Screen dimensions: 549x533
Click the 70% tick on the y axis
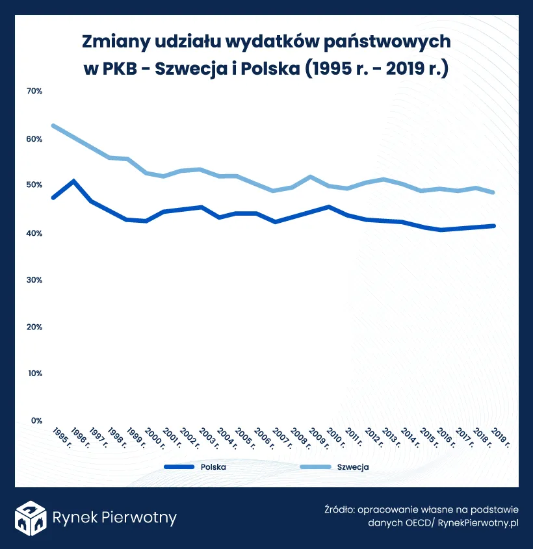point(34,92)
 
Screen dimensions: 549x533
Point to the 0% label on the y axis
point(36,420)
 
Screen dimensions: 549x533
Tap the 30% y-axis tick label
point(34,280)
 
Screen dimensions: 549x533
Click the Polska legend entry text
point(213,466)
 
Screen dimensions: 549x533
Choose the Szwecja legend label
point(353,466)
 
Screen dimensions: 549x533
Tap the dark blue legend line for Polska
point(179,466)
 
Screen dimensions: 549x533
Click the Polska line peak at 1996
point(73,181)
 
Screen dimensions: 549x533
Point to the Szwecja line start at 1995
point(53,125)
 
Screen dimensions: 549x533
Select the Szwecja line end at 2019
point(495,192)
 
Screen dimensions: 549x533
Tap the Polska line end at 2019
point(495,225)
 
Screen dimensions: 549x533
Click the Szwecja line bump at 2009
point(311,177)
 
